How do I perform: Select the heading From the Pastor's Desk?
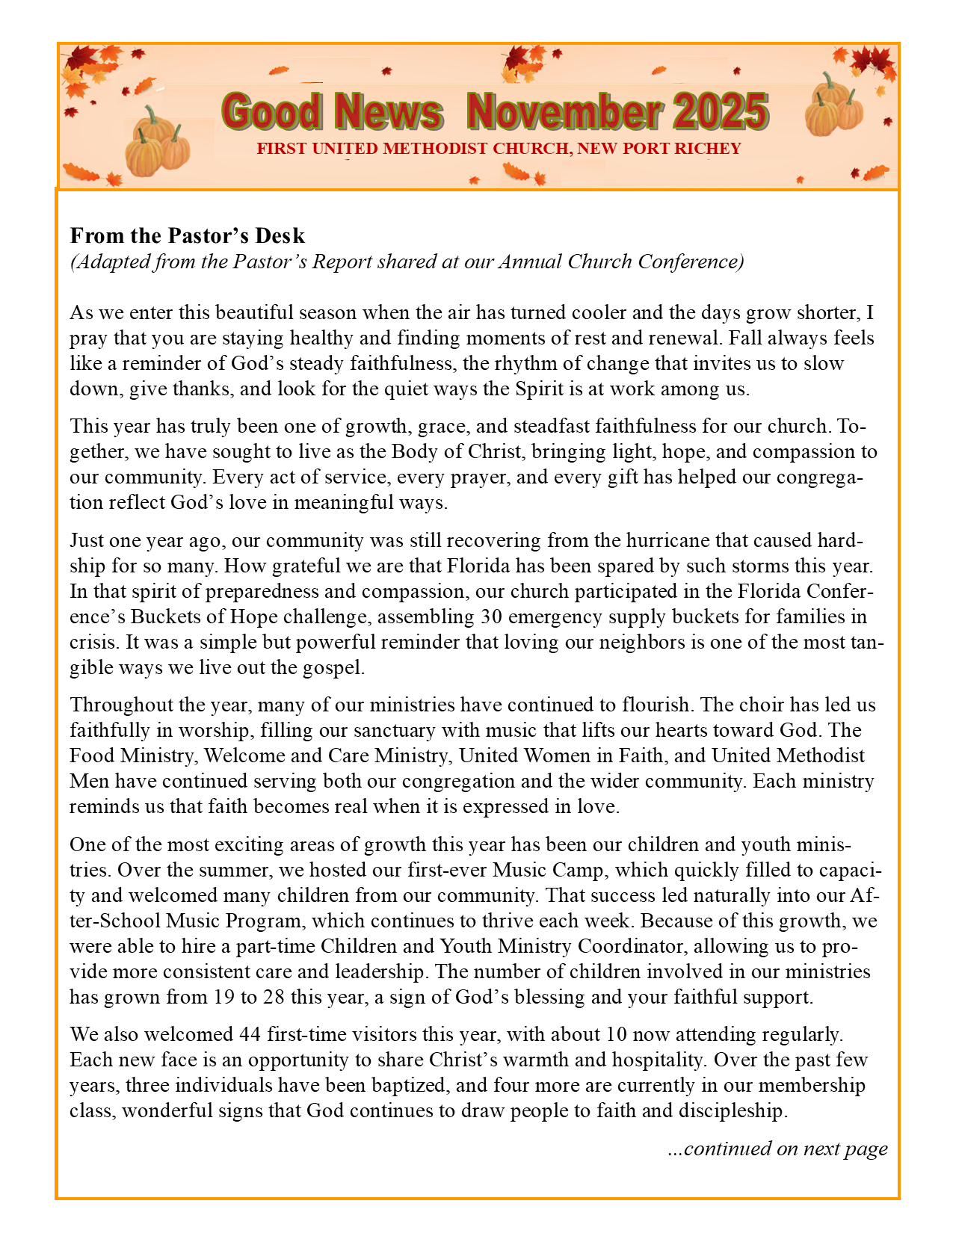click(188, 235)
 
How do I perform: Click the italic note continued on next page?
click(777, 1149)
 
